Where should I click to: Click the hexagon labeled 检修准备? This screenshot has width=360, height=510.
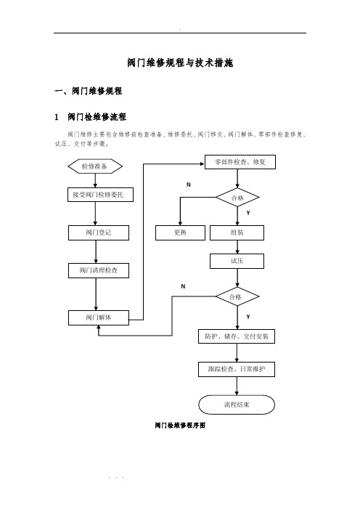(95, 166)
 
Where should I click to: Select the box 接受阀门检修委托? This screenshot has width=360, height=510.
(100, 195)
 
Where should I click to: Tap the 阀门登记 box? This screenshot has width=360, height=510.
(99, 233)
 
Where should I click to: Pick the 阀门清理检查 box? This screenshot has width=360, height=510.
(99, 270)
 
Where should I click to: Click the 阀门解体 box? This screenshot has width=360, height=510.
(99, 317)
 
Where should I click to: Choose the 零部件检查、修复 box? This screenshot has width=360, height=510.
(240, 162)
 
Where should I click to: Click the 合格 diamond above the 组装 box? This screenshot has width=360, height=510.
(237, 198)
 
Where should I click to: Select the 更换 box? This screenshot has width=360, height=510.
(180, 233)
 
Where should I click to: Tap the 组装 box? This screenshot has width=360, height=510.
(237, 233)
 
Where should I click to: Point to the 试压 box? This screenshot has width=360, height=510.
(237, 262)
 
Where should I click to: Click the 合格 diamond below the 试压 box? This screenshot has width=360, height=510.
(237, 296)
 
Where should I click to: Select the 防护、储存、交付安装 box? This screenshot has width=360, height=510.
(237, 336)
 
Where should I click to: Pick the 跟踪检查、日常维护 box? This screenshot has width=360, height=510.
(237, 370)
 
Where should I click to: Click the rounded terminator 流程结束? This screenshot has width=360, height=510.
(237, 405)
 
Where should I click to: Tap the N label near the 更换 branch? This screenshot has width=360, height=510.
(189, 185)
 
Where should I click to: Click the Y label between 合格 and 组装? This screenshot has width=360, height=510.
(248, 213)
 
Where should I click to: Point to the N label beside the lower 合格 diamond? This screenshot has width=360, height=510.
(183, 286)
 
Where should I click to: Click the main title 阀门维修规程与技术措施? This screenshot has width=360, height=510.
(180, 62)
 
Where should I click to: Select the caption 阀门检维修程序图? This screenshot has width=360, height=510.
(180, 426)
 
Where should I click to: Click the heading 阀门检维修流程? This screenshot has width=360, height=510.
(97, 117)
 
